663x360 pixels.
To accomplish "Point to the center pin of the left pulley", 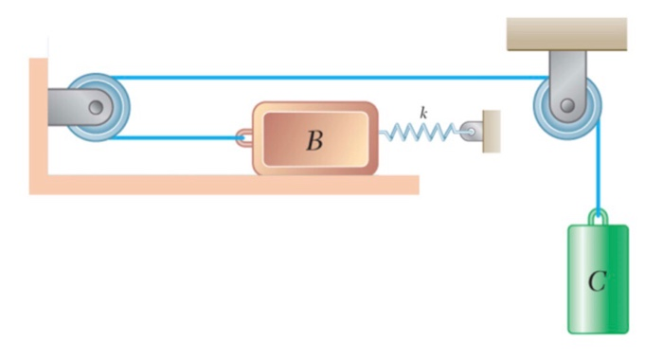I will click(x=96, y=107).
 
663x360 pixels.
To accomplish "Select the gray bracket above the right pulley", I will click(x=567, y=66).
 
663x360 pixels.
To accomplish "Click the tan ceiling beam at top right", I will click(x=567, y=34).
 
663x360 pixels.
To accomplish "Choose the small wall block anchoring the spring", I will click(x=491, y=131).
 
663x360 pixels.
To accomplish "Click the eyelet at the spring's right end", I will click(x=469, y=132).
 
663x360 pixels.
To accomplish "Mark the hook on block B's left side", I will click(x=245, y=139).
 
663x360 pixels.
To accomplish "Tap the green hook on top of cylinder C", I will click(x=598, y=217).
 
